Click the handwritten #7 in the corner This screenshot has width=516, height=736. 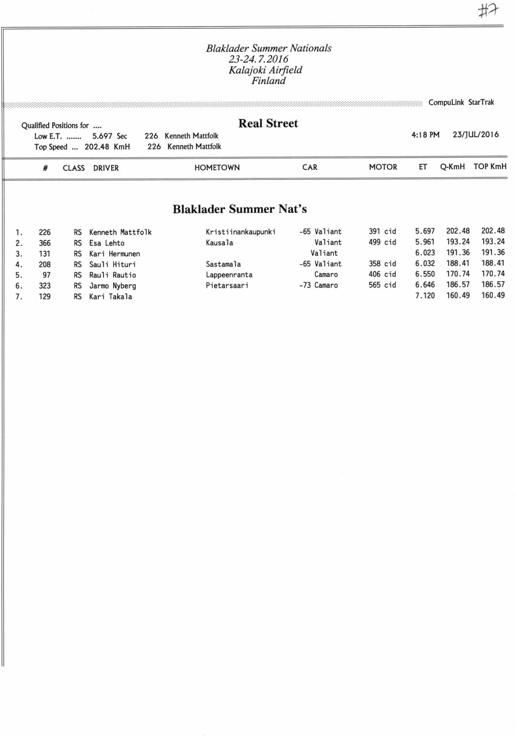tap(489, 10)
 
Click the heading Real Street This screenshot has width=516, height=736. tap(268, 123)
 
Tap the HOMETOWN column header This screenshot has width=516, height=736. tap(217, 168)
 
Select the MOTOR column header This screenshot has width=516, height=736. tap(383, 167)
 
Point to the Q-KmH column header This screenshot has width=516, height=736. tap(452, 167)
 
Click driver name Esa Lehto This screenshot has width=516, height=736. tap(107, 243)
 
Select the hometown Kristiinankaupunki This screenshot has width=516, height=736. tap(241, 232)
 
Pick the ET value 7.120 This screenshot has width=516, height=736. tap(424, 295)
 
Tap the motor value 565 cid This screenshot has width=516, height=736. tap(382, 285)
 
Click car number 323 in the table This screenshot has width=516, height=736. tap(45, 286)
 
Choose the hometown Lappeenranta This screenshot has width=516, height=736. tap(229, 275)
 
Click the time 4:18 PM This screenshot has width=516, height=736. tap(425, 135)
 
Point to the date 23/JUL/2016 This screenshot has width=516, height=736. tap(476, 135)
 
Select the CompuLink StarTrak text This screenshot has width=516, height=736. tap(461, 103)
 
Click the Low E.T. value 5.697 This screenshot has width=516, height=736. tap(102, 136)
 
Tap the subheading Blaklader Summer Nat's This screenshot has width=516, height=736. tap(240, 209)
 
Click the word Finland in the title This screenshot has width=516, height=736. tap(269, 81)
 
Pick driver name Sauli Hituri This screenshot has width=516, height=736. tap(112, 264)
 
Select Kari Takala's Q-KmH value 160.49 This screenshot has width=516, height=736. tap(458, 295)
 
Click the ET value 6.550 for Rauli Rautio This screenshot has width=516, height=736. tap(424, 274)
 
